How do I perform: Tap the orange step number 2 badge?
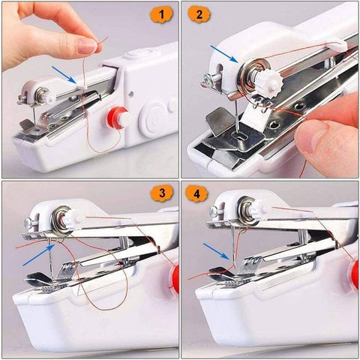click(x=198, y=13)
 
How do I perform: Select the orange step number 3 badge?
click(x=160, y=193)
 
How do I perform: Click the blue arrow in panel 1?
click(x=65, y=74)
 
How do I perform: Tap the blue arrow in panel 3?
click(x=37, y=254)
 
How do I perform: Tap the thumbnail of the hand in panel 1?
click(x=86, y=46)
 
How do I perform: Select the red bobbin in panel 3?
click(x=175, y=279)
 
